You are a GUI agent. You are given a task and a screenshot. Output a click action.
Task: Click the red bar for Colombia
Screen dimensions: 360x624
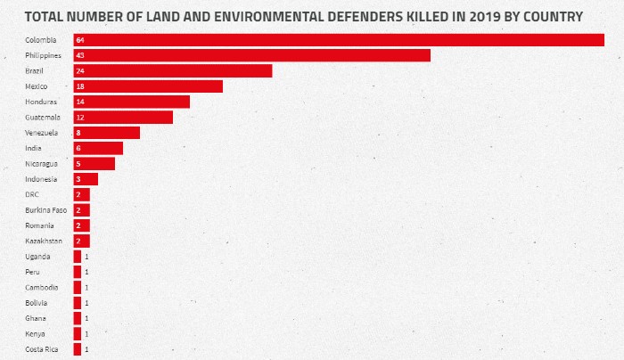[x=339, y=40]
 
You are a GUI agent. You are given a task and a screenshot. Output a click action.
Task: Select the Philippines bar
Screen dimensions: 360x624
[x=251, y=55]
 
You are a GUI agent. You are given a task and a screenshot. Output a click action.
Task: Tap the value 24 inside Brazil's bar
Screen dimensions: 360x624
[x=79, y=71]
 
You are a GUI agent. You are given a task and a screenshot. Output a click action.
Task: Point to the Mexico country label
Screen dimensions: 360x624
[x=37, y=86]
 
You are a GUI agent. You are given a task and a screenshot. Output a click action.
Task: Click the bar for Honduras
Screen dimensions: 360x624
[x=131, y=102]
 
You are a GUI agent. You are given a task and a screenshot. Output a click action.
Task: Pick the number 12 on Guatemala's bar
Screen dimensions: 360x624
[x=79, y=118]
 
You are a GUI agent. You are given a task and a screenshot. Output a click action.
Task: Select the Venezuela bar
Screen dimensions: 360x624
[x=106, y=133]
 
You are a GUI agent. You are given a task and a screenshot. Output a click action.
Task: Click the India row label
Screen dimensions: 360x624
[x=32, y=148]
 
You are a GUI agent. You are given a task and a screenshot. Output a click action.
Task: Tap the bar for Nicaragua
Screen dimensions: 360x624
[x=94, y=164]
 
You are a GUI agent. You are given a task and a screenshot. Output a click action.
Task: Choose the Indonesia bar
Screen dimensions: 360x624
[x=86, y=179]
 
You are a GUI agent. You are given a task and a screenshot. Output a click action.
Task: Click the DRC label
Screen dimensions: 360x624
[x=32, y=194]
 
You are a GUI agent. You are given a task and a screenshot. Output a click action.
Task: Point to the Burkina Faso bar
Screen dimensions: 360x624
[x=81, y=210]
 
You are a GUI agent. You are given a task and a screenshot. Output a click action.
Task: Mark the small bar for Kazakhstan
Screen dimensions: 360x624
[x=81, y=241]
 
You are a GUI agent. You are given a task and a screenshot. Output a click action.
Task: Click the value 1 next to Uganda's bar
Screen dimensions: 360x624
[x=86, y=257]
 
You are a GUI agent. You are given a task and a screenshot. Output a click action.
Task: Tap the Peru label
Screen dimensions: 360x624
[x=32, y=272]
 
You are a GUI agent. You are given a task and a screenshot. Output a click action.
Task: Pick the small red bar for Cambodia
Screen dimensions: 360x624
[x=77, y=287]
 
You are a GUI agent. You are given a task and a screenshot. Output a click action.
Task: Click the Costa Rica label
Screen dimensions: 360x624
[x=41, y=349]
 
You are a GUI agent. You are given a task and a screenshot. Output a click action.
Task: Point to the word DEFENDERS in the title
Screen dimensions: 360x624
[x=336, y=16]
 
